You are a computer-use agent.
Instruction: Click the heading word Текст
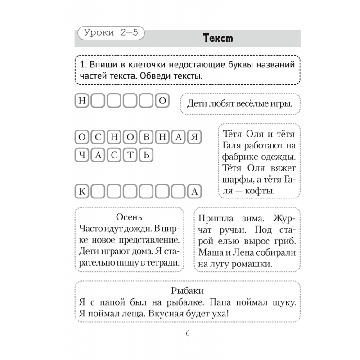(218, 38)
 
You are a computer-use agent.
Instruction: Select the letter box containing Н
(82, 101)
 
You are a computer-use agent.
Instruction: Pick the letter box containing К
(82, 192)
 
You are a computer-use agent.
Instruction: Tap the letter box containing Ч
(82, 156)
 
